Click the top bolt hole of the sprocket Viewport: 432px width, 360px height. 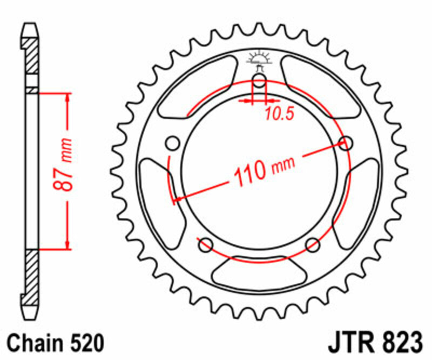coord(259,82)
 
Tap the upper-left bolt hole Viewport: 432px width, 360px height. coord(173,144)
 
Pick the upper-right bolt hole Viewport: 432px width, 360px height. coord(346,143)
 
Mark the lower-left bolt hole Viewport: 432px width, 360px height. coord(205,245)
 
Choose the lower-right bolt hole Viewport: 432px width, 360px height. coord(313,245)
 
